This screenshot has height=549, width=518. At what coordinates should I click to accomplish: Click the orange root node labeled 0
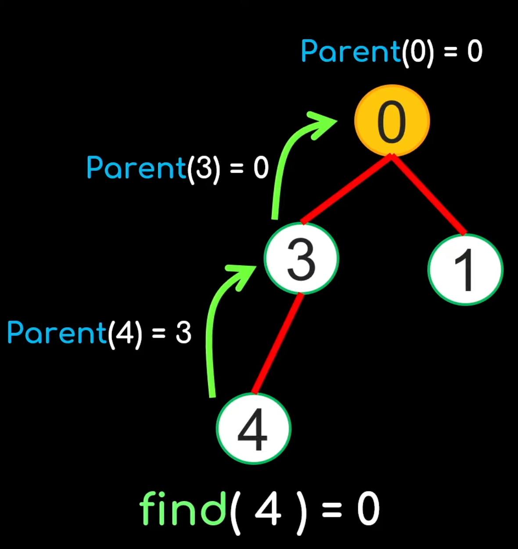[x=392, y=121]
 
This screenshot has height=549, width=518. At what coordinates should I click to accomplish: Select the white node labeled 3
[x=301, y=259]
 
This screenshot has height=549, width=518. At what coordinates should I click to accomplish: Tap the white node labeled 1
[x=465, y=270]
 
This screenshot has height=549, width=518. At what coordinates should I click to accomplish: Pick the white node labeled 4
[x=253, y=429]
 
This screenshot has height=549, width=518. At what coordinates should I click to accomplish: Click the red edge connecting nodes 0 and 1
[x=429, y=195]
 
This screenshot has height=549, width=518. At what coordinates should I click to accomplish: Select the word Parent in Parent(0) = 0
[x=350, y=52]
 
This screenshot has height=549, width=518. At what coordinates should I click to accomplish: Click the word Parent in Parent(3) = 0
[x=137, y=168]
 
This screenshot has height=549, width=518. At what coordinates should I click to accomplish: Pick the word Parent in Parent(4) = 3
[x=57, y=332]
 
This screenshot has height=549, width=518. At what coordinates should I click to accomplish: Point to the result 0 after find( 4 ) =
[x=368, y=509]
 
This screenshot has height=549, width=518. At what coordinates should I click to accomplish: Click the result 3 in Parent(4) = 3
[x=183, y=333]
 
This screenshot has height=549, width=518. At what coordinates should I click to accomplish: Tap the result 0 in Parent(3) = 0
[x=261, y=168]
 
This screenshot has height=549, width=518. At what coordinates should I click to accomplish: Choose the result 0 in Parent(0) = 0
[x=475, y=52]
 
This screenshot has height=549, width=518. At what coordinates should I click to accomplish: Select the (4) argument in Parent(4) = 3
[x=125, y=333]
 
